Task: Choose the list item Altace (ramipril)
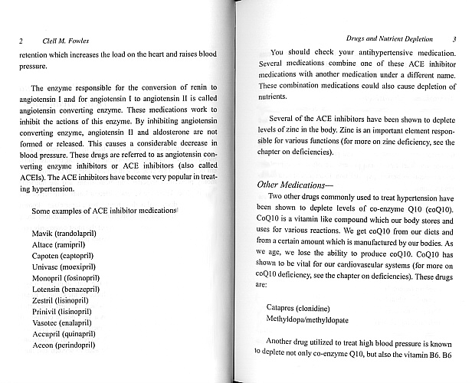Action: click(x=61, y=244)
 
